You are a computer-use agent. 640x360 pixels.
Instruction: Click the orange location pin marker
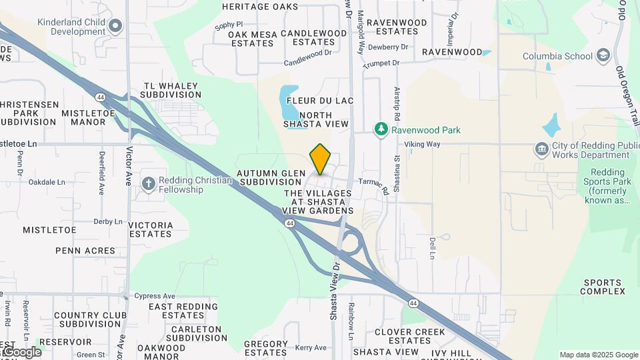(320, 159)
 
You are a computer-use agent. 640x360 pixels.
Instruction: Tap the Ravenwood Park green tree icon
(381, 129)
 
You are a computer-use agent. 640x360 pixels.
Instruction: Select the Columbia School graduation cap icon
(603, 55)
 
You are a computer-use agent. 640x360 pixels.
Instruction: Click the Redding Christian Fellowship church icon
(147, 183)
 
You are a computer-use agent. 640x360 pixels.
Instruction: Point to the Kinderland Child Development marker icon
(116, 26)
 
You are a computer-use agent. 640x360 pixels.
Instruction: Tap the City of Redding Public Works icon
(541, 148)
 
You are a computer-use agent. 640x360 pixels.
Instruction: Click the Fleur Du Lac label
(319, 100)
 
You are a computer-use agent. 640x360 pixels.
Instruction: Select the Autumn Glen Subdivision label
(271, 177)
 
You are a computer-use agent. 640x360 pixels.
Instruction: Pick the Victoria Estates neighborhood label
(151, 229)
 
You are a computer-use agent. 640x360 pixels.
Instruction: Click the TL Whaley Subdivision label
(172, 90)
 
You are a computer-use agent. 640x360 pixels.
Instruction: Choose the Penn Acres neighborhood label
(85, 251)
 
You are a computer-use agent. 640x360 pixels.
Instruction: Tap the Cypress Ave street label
(155, 295)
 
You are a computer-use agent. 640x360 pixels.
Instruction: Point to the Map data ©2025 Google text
(598, 355)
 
